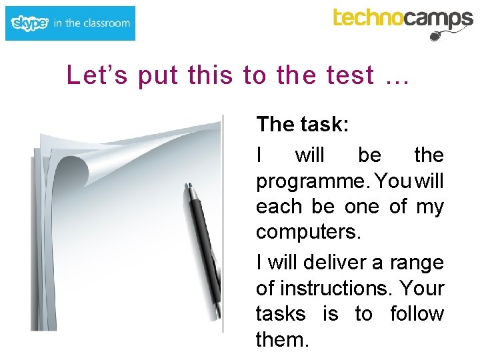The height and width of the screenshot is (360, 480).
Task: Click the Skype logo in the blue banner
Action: coord(30,23)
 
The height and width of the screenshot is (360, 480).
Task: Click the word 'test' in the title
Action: coord(351,76)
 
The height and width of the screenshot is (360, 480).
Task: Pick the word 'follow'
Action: coord(417,313)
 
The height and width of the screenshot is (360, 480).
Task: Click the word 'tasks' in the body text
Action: coord(281,313)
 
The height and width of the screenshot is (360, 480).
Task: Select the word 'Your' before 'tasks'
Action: coord(423,288)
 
